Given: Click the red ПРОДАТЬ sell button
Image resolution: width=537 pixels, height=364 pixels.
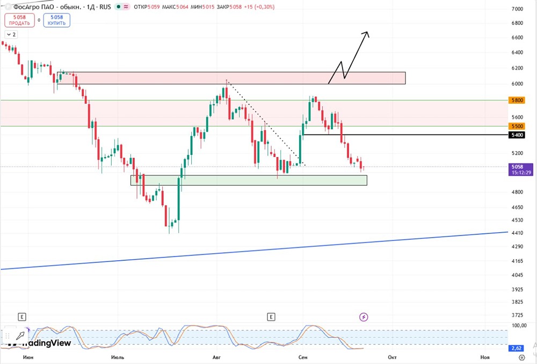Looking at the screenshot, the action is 19,20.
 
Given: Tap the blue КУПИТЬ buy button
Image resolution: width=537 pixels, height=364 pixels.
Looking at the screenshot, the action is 56,20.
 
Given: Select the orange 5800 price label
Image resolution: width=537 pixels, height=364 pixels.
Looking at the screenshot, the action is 517,101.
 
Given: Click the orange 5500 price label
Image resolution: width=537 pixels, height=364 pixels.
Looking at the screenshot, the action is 517,126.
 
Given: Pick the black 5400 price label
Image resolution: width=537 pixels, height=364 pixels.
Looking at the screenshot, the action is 517,135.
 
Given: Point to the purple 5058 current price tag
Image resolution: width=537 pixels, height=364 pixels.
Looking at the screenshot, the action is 520,170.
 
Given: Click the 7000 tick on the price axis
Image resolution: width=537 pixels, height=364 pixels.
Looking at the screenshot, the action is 517,9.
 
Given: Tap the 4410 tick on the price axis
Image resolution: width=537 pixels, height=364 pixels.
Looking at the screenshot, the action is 517,233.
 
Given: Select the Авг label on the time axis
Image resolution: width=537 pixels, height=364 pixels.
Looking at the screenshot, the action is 216,357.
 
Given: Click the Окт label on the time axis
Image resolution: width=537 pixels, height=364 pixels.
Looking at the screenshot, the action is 392,357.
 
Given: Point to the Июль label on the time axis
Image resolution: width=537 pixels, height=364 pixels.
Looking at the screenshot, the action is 118,357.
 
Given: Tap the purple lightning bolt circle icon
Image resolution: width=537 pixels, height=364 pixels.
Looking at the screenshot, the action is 364,317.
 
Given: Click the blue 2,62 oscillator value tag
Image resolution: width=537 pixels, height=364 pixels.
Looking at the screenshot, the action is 517,348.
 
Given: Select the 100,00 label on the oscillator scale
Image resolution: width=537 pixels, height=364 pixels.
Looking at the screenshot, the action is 519,325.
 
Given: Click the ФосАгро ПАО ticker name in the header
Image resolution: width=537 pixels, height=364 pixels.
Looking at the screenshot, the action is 33,7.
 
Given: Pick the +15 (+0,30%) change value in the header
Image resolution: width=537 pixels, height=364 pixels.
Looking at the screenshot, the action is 259,7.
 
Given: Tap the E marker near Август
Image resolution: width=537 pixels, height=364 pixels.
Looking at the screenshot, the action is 271,317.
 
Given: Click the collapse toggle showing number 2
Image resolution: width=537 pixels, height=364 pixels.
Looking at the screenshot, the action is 11,34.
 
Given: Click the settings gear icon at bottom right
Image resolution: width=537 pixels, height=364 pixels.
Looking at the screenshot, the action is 522,358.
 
